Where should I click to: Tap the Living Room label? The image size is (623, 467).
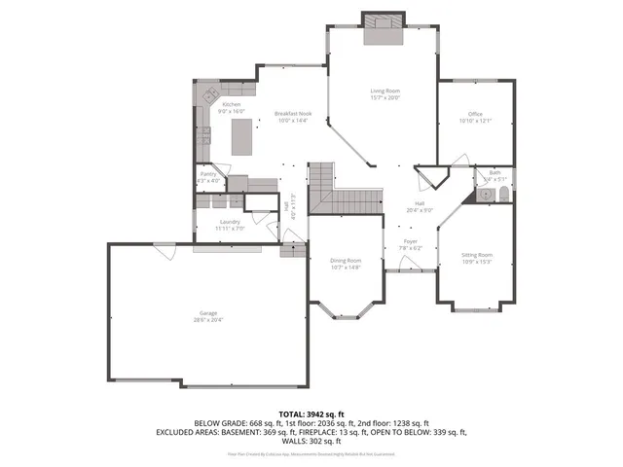point(385,90)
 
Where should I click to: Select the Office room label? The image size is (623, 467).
point(475,115)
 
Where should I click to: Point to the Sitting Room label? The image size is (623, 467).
point(476,255)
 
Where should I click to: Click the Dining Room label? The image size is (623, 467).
point(347,260)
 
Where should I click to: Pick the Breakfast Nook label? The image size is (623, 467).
point(292,113)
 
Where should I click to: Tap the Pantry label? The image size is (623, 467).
point(208,174)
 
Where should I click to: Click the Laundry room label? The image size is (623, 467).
point(231,222)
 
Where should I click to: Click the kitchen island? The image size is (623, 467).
point(241,137)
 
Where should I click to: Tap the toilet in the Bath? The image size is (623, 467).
point(500,197)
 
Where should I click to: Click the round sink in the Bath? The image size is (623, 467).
point(482,197)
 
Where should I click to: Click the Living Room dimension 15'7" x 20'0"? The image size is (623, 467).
point(385,97)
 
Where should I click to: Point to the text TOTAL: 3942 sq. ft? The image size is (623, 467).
point(311,414)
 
